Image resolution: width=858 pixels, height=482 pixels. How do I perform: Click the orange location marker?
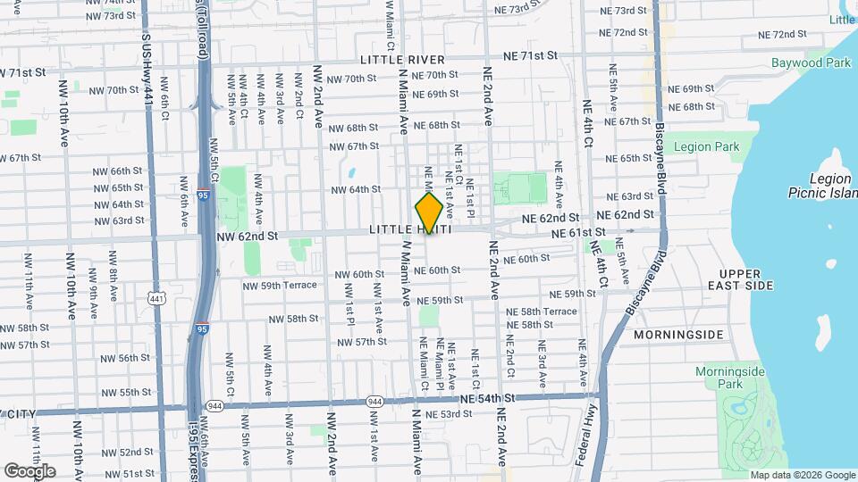pyautogui.click(x=429, y=212)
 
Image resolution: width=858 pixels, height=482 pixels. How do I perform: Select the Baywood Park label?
pyautogui.click(x=812, y=63)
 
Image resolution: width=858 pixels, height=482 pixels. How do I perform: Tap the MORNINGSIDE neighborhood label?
pyautogui.click(x=677, y=335)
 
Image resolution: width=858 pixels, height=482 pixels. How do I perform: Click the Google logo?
pyautogui.click(x=29, y=470)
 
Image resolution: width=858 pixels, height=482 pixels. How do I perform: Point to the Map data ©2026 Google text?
pyautogui.click(x=803, y=475)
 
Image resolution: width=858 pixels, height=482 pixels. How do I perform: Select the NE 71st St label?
pyautogui.click(x=527, y=55)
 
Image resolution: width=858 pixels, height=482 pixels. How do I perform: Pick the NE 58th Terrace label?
pyautogui.click(x=542, y=311)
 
